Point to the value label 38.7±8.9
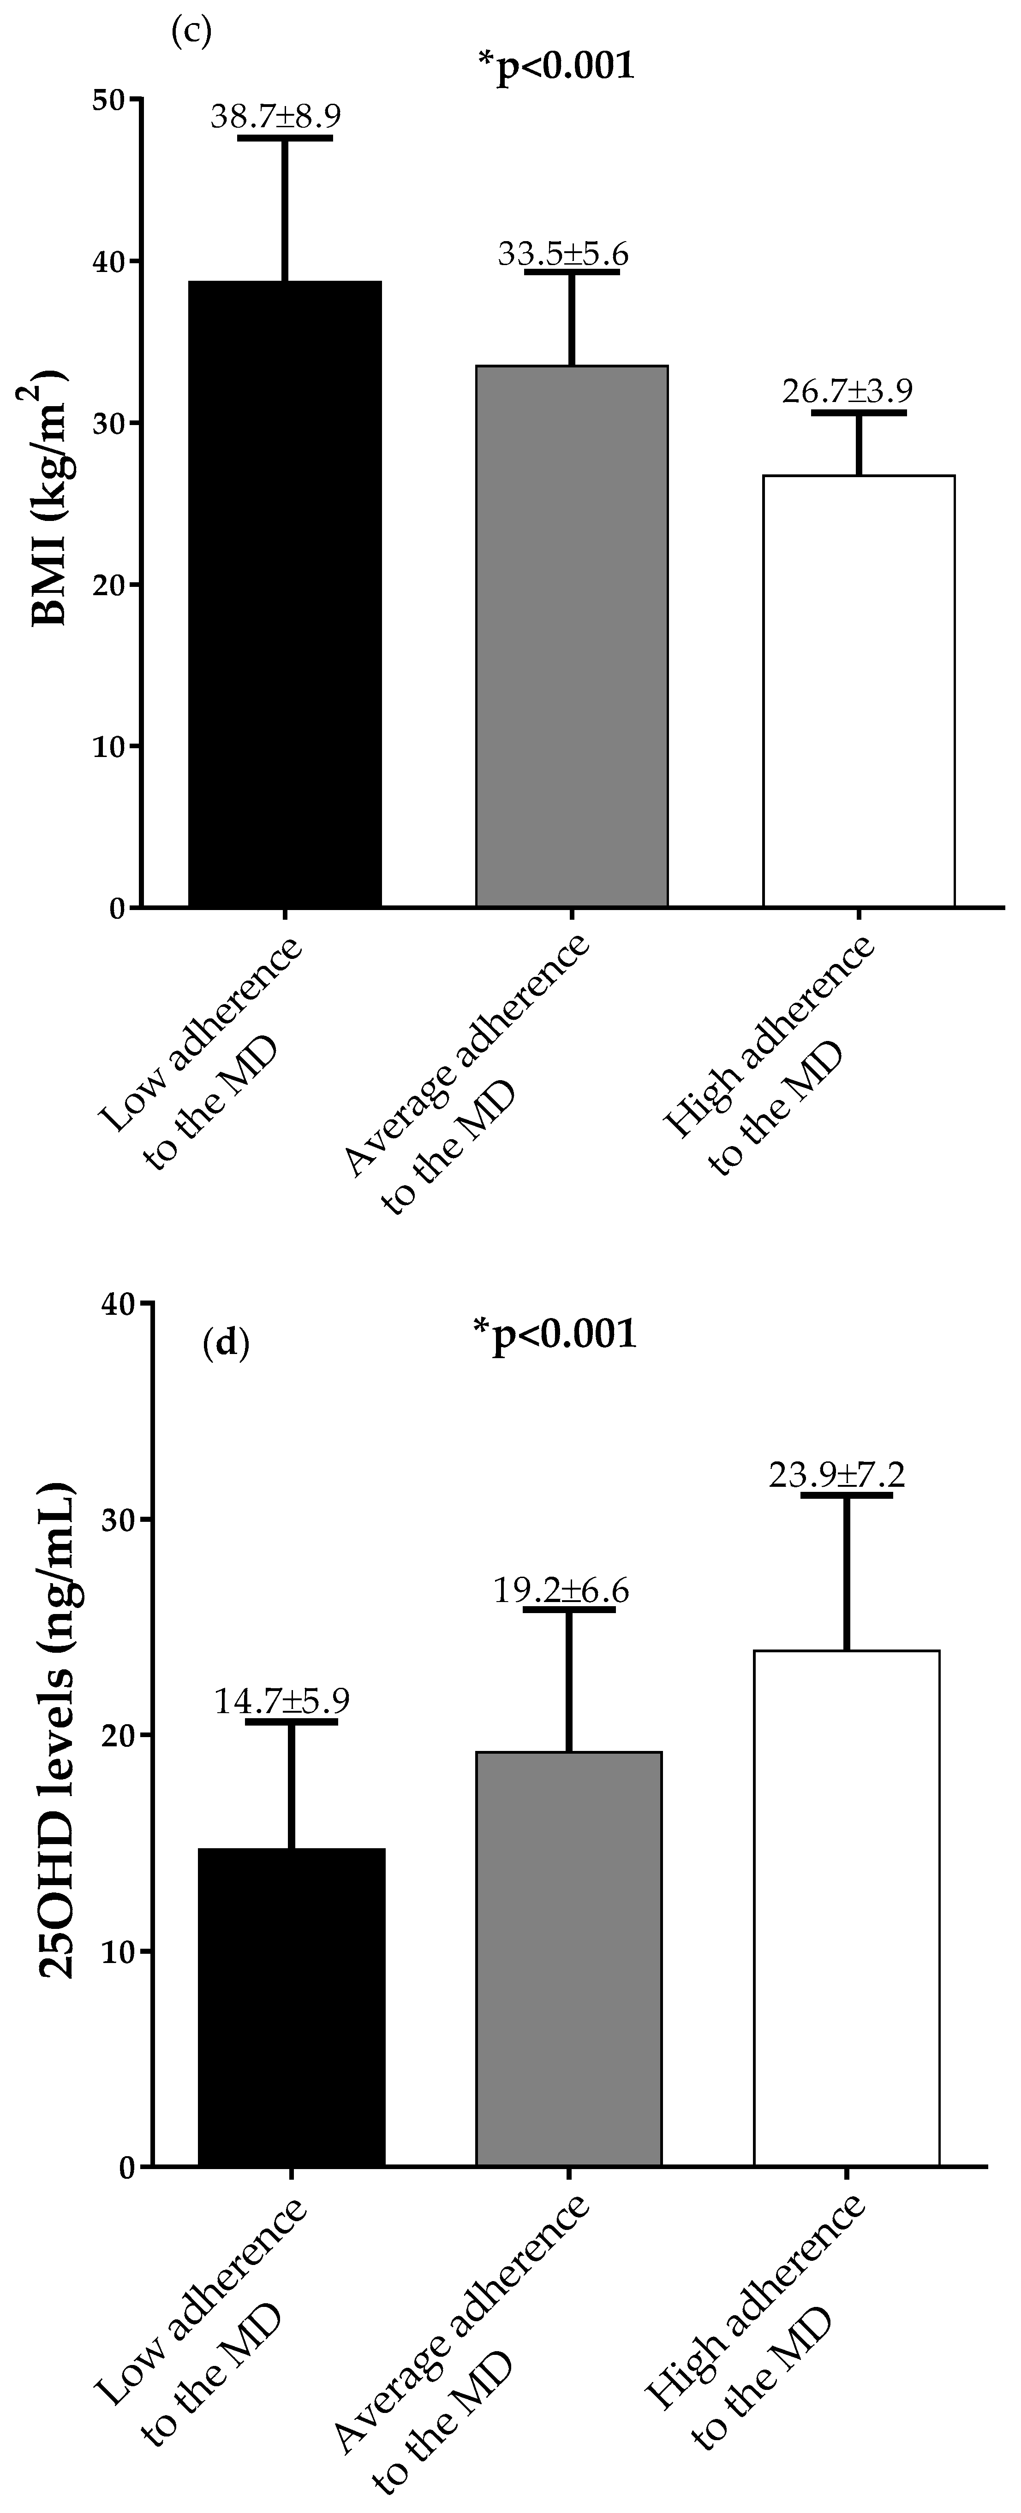point(276,116)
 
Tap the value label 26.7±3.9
point(847,391)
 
